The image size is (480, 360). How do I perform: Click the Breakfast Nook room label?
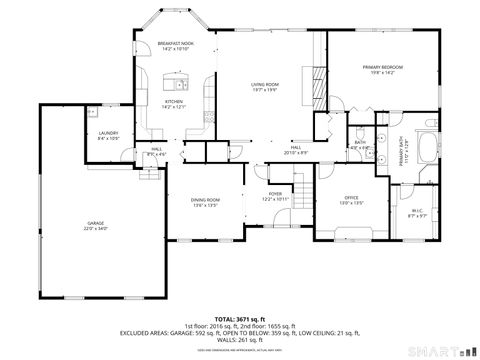175,43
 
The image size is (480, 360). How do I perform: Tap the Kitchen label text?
174,102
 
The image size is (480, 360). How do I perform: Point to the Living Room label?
265,84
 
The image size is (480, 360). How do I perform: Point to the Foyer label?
275,195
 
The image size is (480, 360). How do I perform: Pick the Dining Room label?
206,201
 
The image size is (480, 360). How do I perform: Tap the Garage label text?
95,224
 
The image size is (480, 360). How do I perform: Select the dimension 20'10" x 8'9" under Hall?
296,153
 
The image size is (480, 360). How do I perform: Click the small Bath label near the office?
360,142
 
